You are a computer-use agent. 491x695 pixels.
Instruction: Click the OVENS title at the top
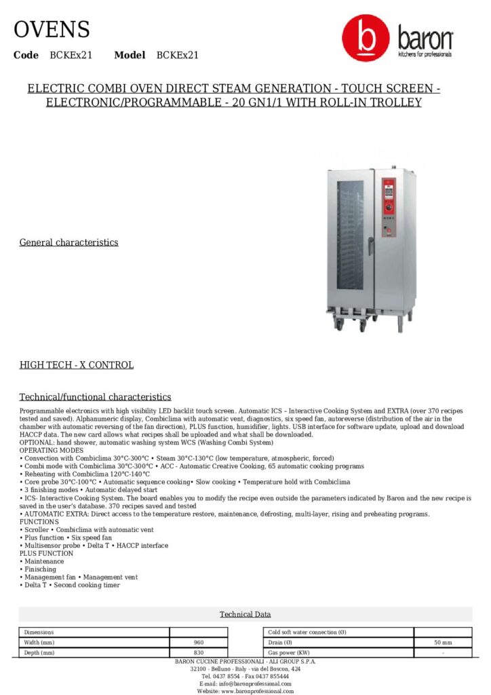click(52, 30)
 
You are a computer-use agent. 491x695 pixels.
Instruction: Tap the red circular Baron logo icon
click(366, 39)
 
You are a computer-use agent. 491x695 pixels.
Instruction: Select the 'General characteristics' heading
click(68, 242)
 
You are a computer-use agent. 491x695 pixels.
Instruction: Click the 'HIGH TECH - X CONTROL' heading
click(76, 365)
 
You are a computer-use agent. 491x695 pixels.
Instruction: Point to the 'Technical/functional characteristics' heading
click(95, 397)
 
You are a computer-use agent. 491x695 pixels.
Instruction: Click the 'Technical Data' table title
click(245, 614)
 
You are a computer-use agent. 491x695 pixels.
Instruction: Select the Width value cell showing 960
click(198, 642)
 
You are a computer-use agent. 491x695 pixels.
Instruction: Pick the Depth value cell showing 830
click(198, 652)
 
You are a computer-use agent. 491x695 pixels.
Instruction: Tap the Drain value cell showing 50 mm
click(442, 642)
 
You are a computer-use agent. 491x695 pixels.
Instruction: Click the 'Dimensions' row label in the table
click(39, 632)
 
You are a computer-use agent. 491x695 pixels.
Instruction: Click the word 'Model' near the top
click(130, 55)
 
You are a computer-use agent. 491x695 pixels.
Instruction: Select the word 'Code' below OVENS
click(26, 55)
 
